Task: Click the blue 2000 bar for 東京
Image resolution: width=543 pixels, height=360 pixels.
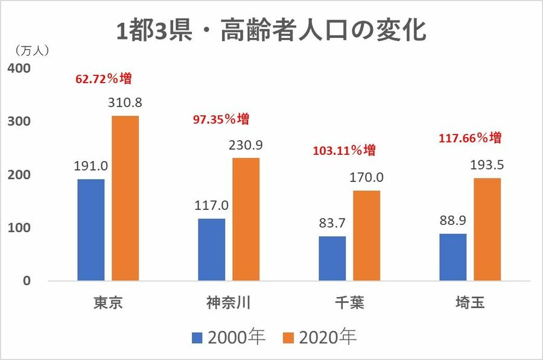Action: [x=91, y=230]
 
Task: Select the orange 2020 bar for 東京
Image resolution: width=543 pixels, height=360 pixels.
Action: [x=125, y=198]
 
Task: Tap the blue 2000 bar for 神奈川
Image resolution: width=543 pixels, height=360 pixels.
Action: [x=211, y=250]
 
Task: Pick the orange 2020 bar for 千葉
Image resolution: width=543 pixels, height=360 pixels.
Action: [x=367, y=236]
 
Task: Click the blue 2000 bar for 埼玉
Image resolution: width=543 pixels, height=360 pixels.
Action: [x=453, y=257]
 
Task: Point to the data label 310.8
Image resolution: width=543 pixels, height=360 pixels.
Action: [x=125, y=103]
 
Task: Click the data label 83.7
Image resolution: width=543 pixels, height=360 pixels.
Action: [x=332, y=223]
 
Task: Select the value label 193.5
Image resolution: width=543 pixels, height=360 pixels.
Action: [x=487, y=165]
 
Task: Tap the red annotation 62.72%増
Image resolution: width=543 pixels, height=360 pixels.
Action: [x=103, y=79]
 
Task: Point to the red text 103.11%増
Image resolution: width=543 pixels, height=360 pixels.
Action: [x=344, y=150]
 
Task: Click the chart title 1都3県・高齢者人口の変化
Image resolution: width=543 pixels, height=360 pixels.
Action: [x=271, y=30]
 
